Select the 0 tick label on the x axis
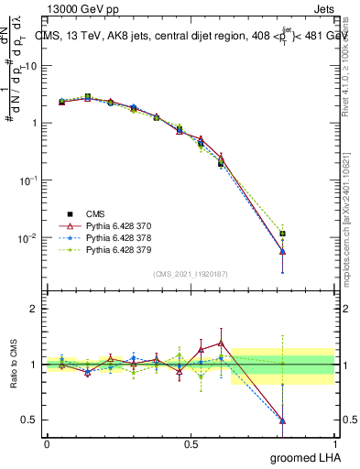pyautogui.click(x=47, y=443)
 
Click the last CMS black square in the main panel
pyautogui.click(x=283, y=234)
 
